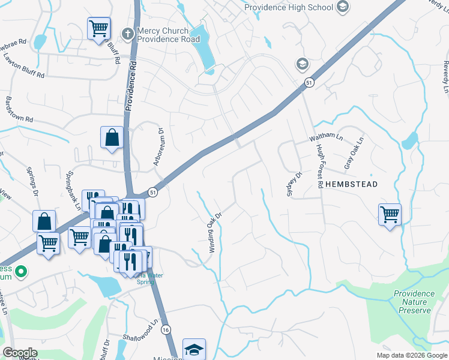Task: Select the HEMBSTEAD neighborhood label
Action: [351, 184]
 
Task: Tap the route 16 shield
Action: [166, 329]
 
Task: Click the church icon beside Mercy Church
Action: [127, 34]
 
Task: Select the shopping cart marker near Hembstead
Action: [390, 214]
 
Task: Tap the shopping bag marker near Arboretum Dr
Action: [112, 137]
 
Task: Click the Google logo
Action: [20, 353]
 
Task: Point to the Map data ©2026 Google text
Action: [411, 355]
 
